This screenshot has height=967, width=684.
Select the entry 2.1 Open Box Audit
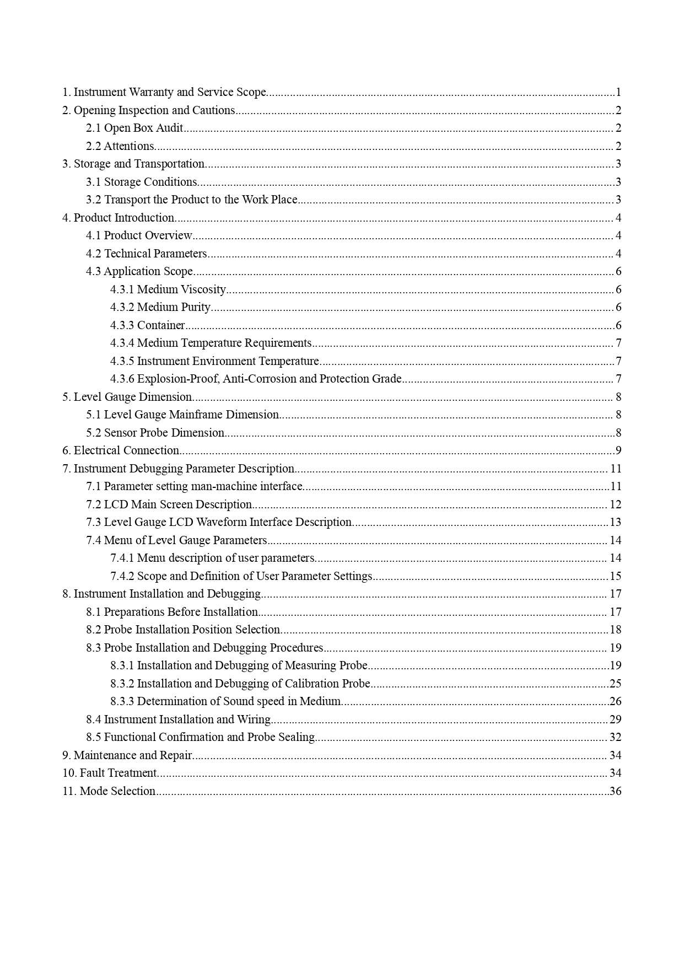134,128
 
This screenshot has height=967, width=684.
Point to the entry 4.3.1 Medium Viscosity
168,289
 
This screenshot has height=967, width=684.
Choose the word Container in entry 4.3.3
160,325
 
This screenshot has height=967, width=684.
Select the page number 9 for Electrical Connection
618,450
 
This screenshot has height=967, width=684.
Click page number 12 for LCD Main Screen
615,504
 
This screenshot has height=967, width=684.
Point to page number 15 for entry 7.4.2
615,576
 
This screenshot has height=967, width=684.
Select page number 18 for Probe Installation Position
615,630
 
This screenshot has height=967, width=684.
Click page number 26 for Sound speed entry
615,701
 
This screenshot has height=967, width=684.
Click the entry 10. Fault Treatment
110,773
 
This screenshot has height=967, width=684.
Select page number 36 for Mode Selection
615,791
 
